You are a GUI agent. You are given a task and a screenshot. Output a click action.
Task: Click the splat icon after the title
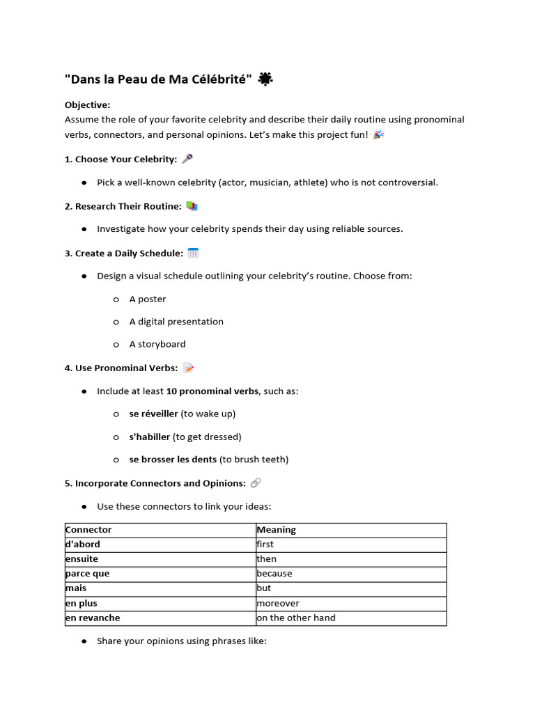pyautogui.click(x=265, y=80)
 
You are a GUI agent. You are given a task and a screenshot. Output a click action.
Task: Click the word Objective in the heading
pyautogui.click(x=87, y=104)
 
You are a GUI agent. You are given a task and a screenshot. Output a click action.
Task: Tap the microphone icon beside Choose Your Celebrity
pyautogui.click(x=187, y=159)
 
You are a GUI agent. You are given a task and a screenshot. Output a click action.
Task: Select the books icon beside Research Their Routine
pyautogui.click(x=192, y=206)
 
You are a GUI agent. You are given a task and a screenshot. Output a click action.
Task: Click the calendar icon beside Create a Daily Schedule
pyautogui.click(x=194, y=253)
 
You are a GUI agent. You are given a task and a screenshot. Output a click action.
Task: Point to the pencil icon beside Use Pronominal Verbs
pyautogui.click(x=188, y=368)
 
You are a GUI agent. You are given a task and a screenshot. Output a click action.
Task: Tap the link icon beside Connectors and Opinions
pyautogui.click(x=256, y=483)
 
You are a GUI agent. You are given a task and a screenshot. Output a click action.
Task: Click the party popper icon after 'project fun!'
pyautogui.click(x=378, y=134)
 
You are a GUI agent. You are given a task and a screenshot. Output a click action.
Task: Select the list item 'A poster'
pyautogui.click(x=147, y=299)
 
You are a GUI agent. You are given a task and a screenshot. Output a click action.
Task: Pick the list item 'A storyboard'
pyautogui.click(x=157, y=344)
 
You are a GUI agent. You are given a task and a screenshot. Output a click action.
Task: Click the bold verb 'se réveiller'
pyautogui.click(x=153, y=414)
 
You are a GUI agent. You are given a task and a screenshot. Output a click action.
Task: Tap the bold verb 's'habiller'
pyautogui.click(x=149, y=437)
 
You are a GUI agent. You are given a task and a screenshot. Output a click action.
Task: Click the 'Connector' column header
pyautogui.click(x=88, y=530)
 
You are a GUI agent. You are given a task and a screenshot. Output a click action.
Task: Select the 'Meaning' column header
pyautogui.click(x=276, y=530)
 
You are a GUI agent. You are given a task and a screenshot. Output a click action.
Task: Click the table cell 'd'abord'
pyautogui.click(x=83, y=544)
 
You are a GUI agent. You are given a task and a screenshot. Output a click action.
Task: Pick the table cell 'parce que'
pyautogui.click(x=87, y=574)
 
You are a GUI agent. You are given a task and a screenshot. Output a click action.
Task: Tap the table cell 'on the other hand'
pyautogui.click(x=295, y=618)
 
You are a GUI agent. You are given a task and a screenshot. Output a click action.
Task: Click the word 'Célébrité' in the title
pyautogui.click(x=217, y=79)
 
